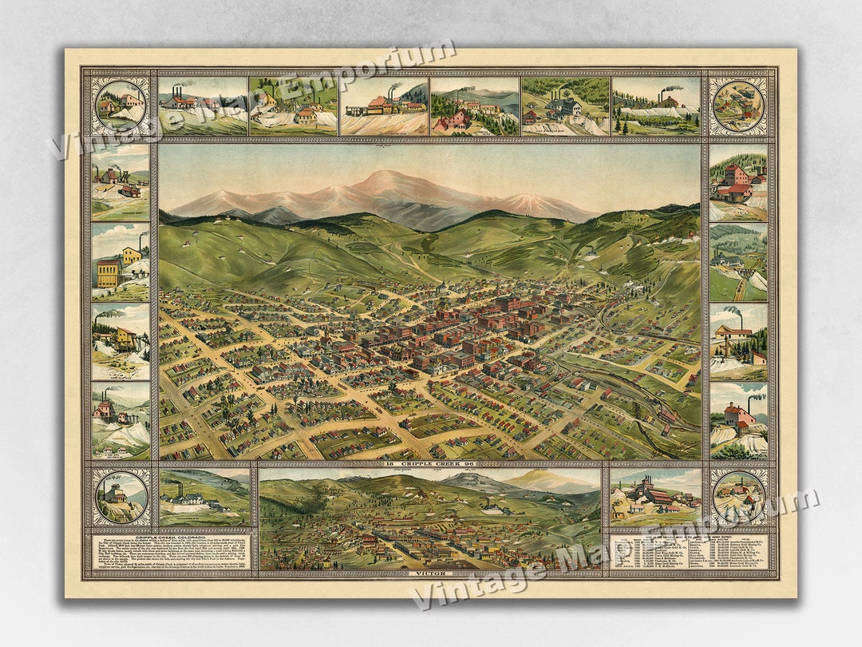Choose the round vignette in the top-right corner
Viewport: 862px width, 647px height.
(738, 105)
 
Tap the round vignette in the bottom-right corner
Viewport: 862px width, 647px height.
(738, 496)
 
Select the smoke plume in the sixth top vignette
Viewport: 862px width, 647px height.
(673, 89)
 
